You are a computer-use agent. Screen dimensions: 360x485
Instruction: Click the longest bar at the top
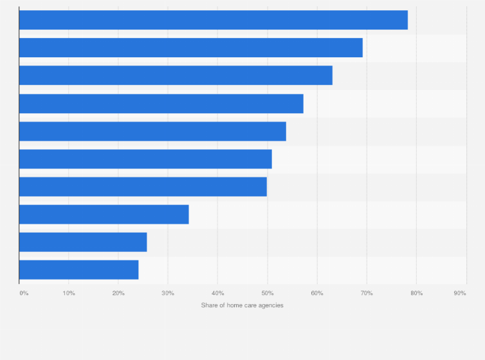tap(213, 20)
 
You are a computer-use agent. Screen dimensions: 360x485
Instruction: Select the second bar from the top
tap(190, 48)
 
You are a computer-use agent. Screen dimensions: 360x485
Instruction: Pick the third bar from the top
tap(176, 75)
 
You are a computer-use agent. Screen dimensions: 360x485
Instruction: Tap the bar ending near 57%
tap(161, 104)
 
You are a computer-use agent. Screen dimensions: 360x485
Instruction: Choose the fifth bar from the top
tap(152, 131)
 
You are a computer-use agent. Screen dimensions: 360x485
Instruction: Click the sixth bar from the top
tap(145, 159)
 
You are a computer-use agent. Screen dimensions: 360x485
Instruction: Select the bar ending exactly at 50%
tap(143, 186)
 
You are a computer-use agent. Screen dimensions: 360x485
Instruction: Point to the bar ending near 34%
tap(104, 214)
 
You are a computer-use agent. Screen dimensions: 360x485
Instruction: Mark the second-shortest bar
tap(83, 242)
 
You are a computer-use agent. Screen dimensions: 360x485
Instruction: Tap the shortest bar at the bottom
tap(78, 269)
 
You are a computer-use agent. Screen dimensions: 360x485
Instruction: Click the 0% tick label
tap(24, 293)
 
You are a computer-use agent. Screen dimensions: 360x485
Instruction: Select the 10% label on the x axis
tap(69, 293)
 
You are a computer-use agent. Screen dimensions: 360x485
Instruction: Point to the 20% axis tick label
tap(118, 293)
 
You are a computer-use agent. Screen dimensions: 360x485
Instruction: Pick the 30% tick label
tap(168, 293)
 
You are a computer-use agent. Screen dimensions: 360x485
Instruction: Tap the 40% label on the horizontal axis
tap(217, 293)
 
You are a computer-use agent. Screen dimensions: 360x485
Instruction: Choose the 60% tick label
tap(317, 293)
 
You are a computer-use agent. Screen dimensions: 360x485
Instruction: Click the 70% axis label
tap(367, 293)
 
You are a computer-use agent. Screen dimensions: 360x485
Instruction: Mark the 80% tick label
tap(416, 293)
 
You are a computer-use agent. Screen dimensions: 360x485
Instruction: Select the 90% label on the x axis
tap(460, 293)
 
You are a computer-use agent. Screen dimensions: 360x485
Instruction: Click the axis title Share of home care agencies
tap(242, 305)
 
